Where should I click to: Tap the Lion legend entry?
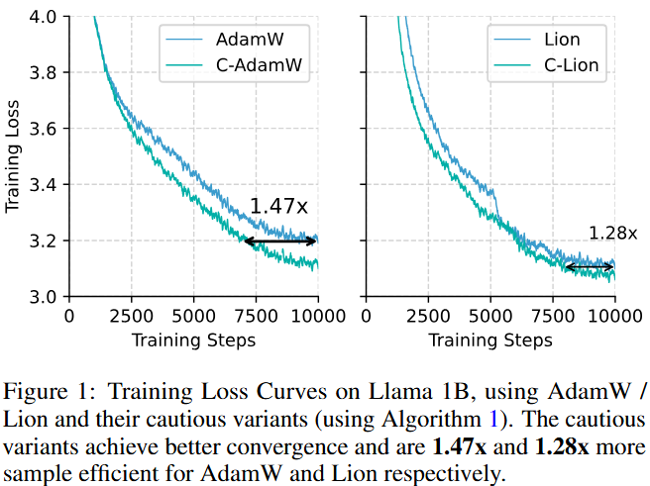(x=562, y=40)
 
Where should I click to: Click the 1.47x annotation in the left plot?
(x=278, y=207)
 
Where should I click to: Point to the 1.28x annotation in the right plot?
(x=613, y=234)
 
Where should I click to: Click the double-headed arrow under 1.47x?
(x=280, y=241)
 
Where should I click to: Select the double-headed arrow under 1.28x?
(x=590, y=266)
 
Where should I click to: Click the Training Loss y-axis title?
(x=13, y=156)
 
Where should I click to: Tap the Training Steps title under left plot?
(x=193, y=340)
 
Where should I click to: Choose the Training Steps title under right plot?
(x=491, y=340)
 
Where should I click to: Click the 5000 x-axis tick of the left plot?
(x=193, y=317)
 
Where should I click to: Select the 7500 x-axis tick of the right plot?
(x=554, y=317)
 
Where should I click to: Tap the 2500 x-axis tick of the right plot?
(x=429, y=317)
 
